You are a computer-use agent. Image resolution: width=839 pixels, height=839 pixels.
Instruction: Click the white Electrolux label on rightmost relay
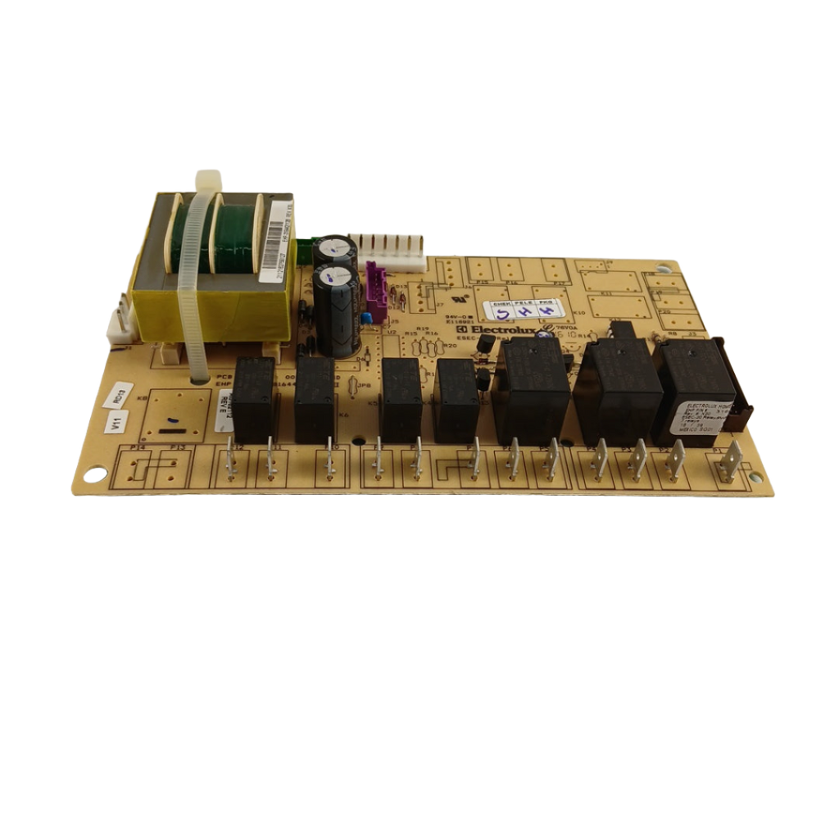(x=695, y=415)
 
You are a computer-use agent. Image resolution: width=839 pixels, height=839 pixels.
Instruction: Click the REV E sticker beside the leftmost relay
(x=223, y=407)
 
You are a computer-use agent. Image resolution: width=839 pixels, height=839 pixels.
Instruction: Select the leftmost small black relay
(x=254, y=398)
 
